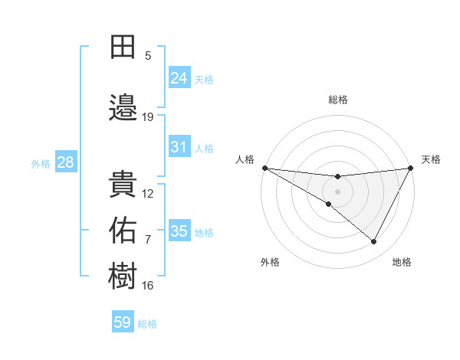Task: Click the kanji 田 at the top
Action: point(123,47)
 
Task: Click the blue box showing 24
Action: point(179,77)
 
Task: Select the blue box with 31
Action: point(179,147)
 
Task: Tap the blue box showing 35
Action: point(179,231)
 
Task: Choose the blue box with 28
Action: point(65,162)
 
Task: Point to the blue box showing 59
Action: point(123,322)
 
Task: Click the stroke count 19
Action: point(148,117)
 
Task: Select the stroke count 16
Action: point(148,286)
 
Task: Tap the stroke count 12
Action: point(148,194)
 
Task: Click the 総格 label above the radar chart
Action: point(338,100)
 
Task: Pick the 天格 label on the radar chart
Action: point(431,159)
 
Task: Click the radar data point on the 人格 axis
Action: point(265,168)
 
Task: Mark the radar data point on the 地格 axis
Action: point(374,242)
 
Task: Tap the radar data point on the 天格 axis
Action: point(411,168)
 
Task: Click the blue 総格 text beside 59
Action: point(147,324)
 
